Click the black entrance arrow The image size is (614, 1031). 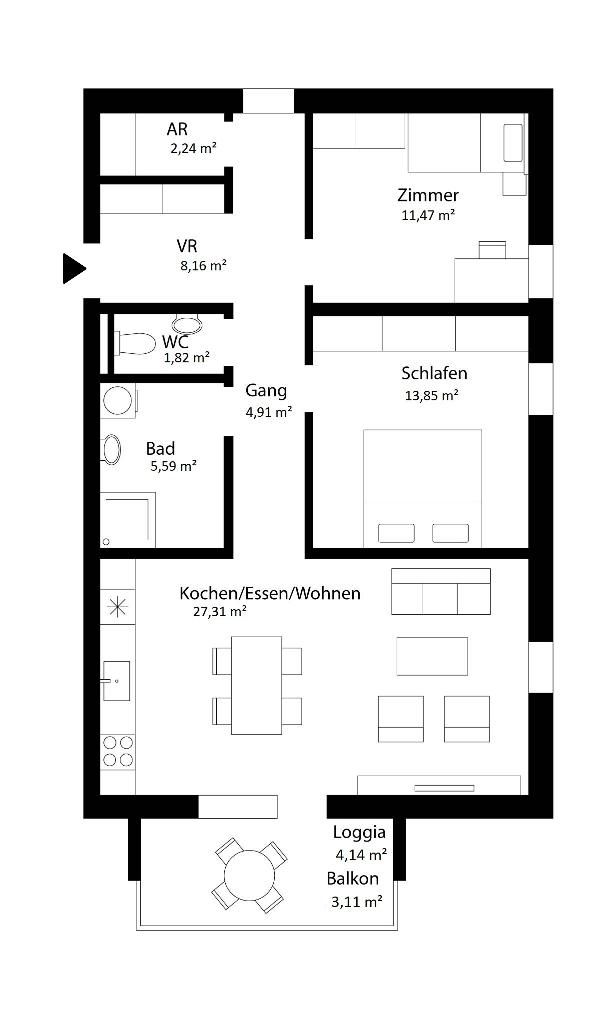pos(74,268)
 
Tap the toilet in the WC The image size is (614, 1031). pos(135,343)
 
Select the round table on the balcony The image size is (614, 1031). pos(249,875)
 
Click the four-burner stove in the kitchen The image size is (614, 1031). pos(118,752)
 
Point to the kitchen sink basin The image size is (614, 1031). pos(117,681)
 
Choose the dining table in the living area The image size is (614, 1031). pos(257,685)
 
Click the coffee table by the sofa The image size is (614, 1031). pos(432,656)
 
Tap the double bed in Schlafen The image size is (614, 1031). pos(423,488)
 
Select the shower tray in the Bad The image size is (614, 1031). pos(128,520)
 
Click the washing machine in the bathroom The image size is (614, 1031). pos(118,400)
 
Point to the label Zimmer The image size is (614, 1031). pos(428,195)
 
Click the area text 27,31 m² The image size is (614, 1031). pos(220,611)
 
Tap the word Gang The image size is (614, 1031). pos(266,391)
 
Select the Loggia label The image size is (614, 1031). pos(360,833)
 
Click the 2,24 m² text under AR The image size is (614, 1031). pos(193,148)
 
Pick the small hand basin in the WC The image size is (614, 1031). pos(187,325)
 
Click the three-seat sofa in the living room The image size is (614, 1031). pos(441,591)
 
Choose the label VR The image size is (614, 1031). pos(187,246)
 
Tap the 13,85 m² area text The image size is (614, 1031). pos(432,395)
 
